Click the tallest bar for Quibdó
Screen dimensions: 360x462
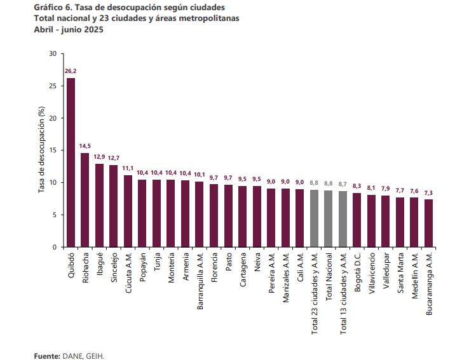tap(71, 163)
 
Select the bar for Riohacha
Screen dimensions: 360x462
tap(85, 200)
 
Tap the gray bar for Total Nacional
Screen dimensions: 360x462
tap(329, 218)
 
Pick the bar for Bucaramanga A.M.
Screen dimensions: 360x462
tap(429, 223)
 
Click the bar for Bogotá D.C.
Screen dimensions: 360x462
tap(357, 220)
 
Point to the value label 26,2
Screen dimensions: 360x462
tap(71, 71)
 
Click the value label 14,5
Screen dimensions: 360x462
tap(85, 147)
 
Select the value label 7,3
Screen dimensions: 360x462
tap(429, 192)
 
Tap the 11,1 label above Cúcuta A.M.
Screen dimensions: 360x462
tap(128, 168)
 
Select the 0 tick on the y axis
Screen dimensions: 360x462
tap(55, 247)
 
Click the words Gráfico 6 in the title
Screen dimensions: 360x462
tap(52, 7)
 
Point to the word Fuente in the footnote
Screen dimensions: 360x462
tap(46, 356)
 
